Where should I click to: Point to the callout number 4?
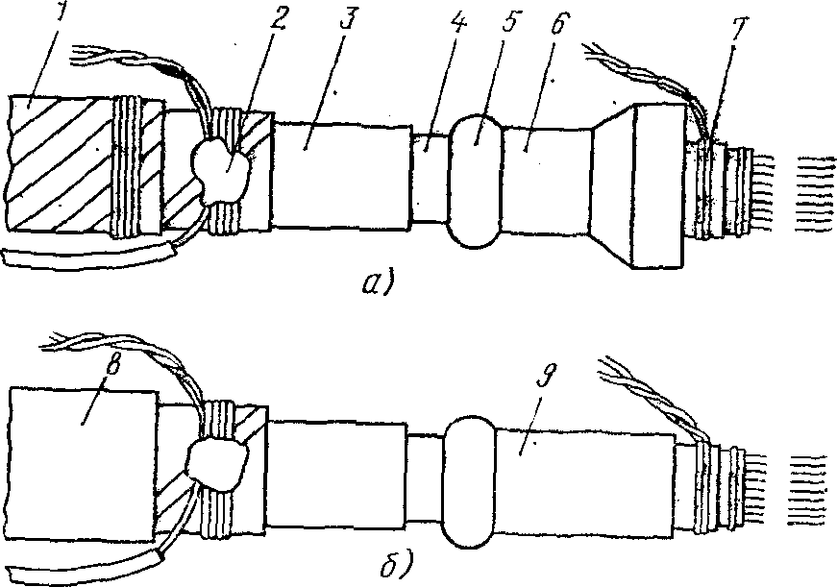[457, 25]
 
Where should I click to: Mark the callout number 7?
[739, 31]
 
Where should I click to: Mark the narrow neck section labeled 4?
[431, 178]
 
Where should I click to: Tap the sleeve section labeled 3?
[342, 175]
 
